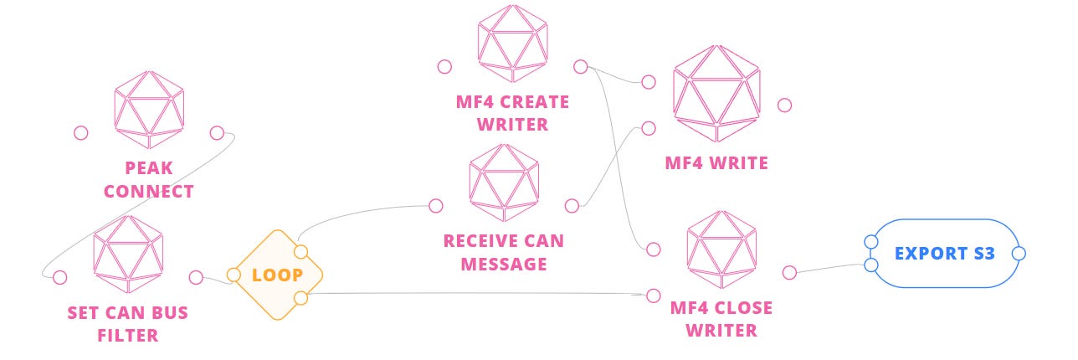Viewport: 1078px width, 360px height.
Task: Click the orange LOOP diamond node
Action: pos(277,275)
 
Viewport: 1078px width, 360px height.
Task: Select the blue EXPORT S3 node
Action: pos(944,253)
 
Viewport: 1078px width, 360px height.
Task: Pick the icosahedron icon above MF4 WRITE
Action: pos(716,93)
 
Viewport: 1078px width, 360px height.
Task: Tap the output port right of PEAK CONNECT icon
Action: pos(217,132)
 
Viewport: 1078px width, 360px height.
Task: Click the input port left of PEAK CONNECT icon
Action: pos(81,132)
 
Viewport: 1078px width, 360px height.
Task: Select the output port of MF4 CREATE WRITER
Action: pos(580,67)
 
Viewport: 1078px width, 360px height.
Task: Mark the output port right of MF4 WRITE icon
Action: pos(784,105)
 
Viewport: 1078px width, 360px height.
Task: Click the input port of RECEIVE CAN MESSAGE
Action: pos(435,205)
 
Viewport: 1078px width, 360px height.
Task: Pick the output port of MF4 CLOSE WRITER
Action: pos(788,272)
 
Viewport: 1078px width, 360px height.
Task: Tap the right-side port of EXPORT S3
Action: pos(1019,253)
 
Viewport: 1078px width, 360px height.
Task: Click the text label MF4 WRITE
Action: pos(716,163)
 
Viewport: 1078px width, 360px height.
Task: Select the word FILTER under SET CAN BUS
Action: pos(127,336)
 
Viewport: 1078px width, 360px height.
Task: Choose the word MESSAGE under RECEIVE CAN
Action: pos(504,264)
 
